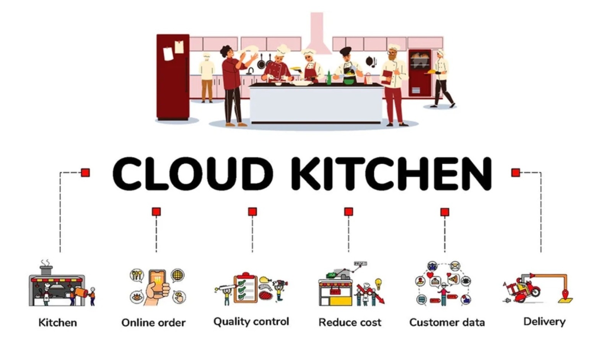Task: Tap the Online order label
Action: coord(153,323)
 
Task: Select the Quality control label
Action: coord(251,321)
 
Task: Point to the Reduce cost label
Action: coord(350,323)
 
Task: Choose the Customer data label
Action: coord(447,323)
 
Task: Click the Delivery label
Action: coord(544,321)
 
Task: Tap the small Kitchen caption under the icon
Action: coord(58,323)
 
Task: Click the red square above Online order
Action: coord(156,212)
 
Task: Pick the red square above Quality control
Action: coord(252,212)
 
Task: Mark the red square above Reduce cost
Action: coord(348,212)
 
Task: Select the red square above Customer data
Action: coord(444,212)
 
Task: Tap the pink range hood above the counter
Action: coord(317,34)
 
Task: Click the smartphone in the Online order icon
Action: coord(157,283)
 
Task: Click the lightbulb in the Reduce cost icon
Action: coord(378,283)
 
